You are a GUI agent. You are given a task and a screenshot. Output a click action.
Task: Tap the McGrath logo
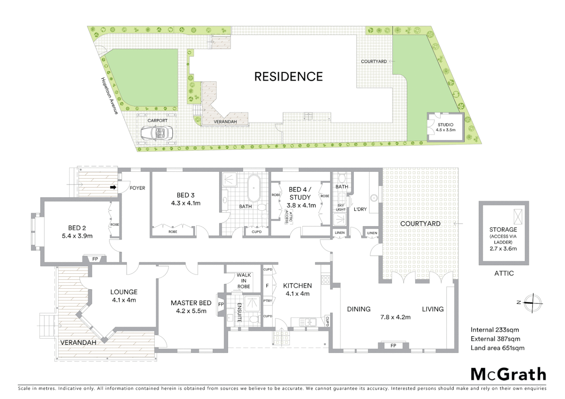coord(508,374)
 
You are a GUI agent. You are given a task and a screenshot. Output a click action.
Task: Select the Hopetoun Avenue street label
coord(109,95)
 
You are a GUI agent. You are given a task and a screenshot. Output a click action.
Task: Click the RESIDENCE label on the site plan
coord(288,76)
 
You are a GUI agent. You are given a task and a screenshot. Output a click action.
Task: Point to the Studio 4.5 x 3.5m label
coord(445,127)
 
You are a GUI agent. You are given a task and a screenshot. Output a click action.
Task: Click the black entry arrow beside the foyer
coord(114,187)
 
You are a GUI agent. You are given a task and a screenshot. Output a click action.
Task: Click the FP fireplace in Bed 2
coord(95,259)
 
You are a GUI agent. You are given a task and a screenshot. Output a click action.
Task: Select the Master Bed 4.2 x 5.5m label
coord(191,307)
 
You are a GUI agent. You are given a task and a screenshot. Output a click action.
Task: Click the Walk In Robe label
coord(244,280)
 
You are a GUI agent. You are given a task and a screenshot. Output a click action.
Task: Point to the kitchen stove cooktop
coord(325,280)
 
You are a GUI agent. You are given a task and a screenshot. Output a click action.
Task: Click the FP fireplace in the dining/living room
coord(393,346)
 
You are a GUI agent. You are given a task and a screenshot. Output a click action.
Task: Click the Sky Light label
coord(341,207)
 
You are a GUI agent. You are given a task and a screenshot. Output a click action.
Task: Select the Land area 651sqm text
coord(497,348)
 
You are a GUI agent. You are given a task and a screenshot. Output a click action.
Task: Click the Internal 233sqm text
coord(494,330)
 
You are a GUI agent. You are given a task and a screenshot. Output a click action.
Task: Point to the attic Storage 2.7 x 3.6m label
coord(503,239)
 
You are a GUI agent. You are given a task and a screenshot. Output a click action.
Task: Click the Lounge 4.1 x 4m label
coord(124,296)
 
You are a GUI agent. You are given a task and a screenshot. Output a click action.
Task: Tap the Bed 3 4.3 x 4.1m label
coord(186,199)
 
